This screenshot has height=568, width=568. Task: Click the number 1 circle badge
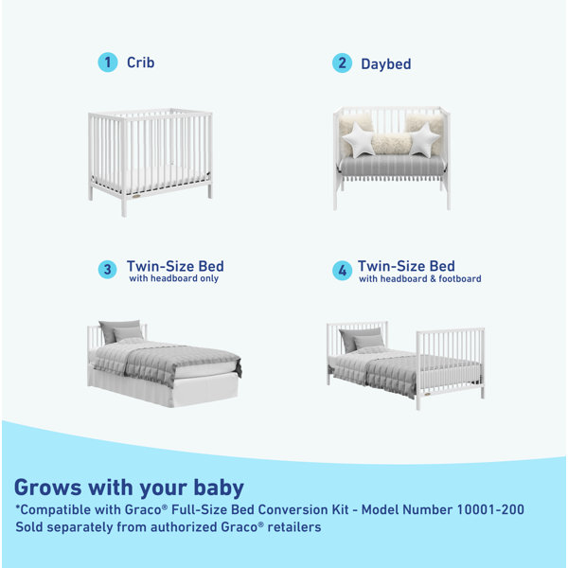tap(108, 62)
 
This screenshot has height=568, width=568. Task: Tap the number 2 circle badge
tap(342, 63)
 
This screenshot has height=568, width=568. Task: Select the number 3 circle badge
tap(108, 269)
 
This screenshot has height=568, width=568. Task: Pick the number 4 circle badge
tap(342, 270)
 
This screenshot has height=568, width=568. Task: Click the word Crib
tap(140, 62)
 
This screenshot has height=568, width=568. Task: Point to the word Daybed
tap(385, 64)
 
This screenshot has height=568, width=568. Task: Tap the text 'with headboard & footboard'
tap(419, 279)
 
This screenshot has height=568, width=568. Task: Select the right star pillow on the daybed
tap(423, 141)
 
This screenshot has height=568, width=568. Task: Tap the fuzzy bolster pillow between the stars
tap(390, 143)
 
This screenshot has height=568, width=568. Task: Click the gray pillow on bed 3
tap(121, 331)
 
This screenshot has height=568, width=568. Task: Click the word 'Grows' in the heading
tap(48, 488)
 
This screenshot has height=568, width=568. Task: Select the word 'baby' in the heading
tap(216, 488)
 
